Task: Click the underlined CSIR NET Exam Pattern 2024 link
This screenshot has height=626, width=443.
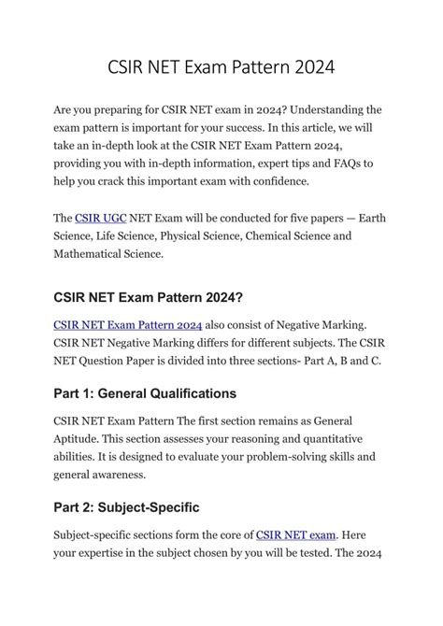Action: [127, 325]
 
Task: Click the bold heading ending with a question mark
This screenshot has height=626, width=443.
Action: [149, 298]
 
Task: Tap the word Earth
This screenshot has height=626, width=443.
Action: [369, 218]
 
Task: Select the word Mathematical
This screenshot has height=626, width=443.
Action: [95, 253]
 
